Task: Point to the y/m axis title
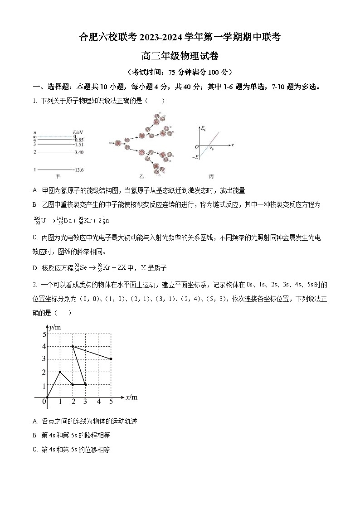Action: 56,327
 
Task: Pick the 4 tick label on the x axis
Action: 98,401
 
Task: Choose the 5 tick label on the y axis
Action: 44,334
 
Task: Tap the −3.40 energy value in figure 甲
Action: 77,152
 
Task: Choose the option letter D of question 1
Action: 35,268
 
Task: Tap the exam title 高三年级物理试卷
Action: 180,56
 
